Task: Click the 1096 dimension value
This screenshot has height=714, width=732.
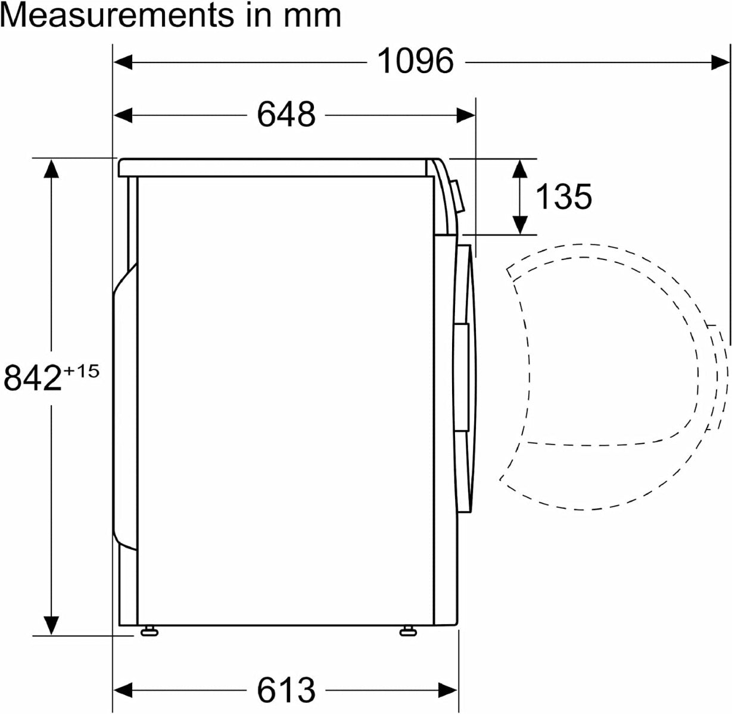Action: [415, 61]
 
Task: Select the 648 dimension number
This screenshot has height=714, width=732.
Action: [286, 114]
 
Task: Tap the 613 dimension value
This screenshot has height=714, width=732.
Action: [286, 690]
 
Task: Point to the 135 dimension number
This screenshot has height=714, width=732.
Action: [563, 196]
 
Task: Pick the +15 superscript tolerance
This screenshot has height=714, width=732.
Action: [82, 371]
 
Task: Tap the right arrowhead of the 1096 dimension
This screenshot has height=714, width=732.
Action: [720, 62]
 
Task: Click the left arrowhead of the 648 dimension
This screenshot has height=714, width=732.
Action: [123, 115]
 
